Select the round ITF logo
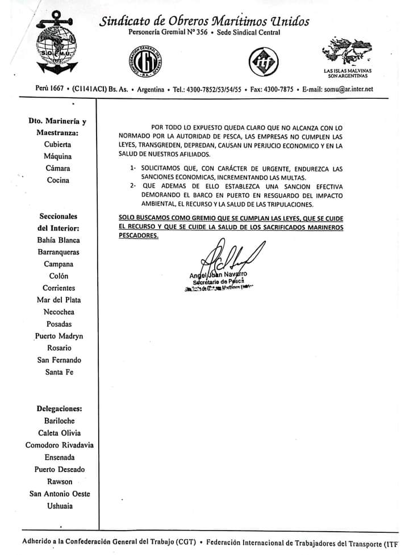pyautogui.click(x=263, y=61)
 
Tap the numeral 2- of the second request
pyautogui.click(x=133, y=185)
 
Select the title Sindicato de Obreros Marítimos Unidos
pyautogui.click(x=204, y=22)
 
